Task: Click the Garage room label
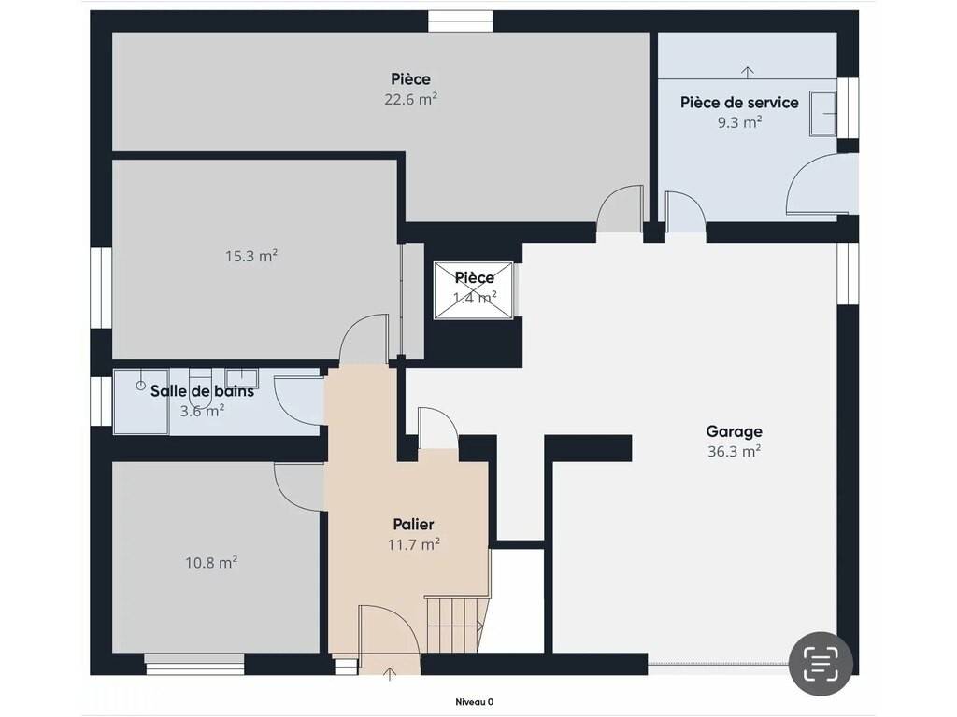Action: (734, 431)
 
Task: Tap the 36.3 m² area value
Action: (734, 451)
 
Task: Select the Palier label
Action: (413, 525)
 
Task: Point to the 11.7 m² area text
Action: (414, 544)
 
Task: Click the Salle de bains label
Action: (202, 391)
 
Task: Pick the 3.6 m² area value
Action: (202, 411)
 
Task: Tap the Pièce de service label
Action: (739, 103)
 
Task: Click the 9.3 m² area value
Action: (739, 122)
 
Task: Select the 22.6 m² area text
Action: (411, 99)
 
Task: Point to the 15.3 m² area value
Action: (251, 256)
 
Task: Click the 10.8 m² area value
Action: (211, 562)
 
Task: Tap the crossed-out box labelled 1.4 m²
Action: (473, 290)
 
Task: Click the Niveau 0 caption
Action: (474, 702)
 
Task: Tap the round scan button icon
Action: (821, 664)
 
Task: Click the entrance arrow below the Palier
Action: (390, 674)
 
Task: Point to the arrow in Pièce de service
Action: (748, 72)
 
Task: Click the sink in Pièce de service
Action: (822, 113)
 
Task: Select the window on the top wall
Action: (460, 21)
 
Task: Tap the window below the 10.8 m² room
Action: (194, 665)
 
